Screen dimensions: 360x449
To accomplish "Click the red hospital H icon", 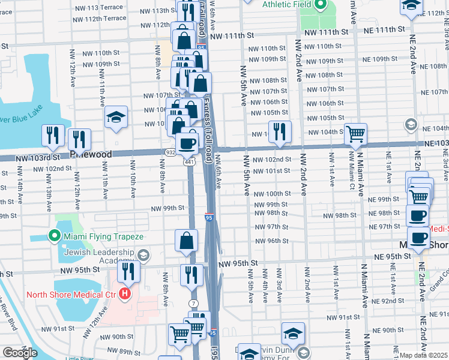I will tap(125, 294).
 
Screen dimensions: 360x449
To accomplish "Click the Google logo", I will tap(20, 353).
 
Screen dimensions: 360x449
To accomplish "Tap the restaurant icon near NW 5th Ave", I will tap(279, 132).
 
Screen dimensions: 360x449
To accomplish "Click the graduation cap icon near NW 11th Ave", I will tap(116, 117).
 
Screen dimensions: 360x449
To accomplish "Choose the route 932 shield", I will tap(171, 153).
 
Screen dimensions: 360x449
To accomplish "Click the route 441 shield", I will tap(190, 162).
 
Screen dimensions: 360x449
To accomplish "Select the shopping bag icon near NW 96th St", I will tap(187, 241).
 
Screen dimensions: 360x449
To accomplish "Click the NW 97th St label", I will tap(271, 227).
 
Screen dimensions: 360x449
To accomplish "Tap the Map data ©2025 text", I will tap(424, 355).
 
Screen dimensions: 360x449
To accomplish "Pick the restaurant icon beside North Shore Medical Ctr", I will tap(128, 271).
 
